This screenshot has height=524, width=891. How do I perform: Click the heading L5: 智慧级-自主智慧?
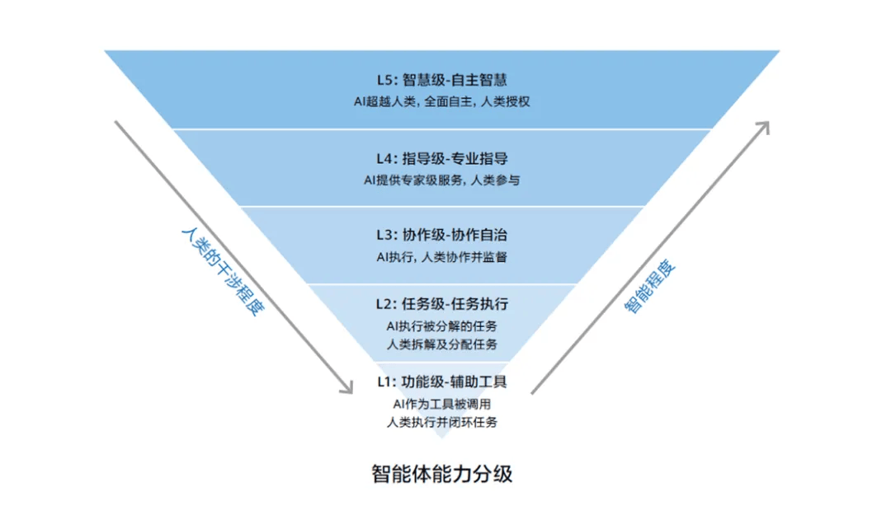coord(441,80)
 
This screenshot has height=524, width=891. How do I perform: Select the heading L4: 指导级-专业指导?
coord(441,158)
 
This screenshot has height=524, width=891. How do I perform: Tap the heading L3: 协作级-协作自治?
coord(441,235)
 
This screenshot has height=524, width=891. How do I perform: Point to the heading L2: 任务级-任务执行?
coord(441,305)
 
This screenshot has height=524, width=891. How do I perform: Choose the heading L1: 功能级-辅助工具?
coord(441,381)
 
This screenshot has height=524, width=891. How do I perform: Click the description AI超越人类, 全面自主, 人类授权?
coord(441,102)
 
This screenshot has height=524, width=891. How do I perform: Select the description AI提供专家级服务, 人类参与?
coord(441,180)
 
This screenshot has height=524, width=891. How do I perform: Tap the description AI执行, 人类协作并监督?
coord(441,257)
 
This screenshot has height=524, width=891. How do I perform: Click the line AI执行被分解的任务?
coord(441,326)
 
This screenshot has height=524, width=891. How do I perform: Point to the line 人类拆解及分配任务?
coord(441,344)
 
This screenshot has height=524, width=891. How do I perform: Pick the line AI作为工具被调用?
coord(441,405)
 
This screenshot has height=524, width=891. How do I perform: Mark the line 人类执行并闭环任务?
coord(441,422)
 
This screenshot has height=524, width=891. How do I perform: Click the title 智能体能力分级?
coord(441,475)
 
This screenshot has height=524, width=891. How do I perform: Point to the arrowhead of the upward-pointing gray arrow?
coord(764,127)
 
